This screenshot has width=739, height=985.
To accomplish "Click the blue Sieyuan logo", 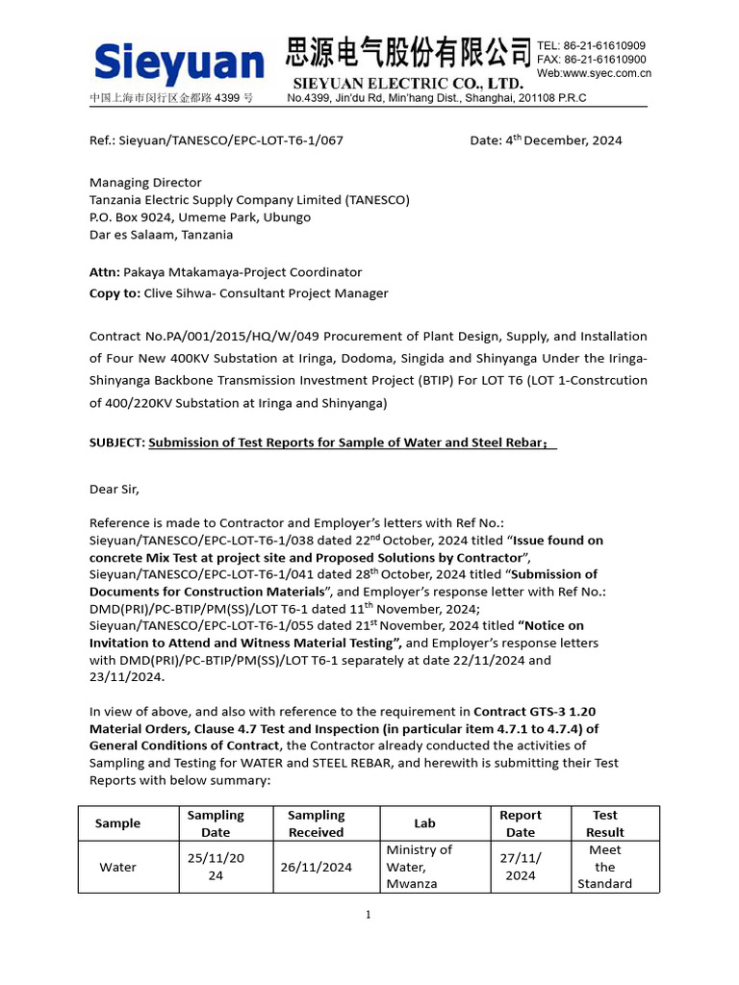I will pos(179,63).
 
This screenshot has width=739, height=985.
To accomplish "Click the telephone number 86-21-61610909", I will pos(603,45).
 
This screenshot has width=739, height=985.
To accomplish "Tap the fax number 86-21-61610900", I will pos(604,60).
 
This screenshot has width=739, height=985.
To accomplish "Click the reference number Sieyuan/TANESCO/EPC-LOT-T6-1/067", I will pos(231,140).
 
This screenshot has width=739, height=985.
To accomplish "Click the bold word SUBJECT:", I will pos(116,442).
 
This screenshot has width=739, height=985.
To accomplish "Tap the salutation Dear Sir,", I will pos(115,489).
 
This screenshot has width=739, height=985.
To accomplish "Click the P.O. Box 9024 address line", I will pos(200,217).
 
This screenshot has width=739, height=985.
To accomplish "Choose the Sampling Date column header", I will pos(216,823).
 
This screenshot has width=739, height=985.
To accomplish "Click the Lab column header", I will pos(424,823).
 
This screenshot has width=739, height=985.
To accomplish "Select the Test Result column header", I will pos(605,823).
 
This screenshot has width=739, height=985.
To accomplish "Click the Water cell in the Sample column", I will pos(118,867).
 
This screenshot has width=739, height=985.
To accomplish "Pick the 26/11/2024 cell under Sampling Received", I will pos(316,867).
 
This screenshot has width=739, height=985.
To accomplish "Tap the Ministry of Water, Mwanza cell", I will pos(419,867).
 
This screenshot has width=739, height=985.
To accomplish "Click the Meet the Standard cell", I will pos(605,867).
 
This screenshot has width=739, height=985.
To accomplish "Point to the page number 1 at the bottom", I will pos(368,914).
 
